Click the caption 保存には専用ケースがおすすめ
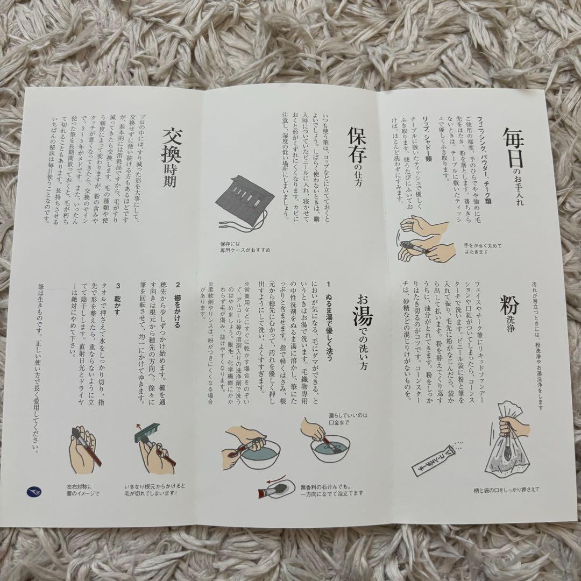tap(245, 246)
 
